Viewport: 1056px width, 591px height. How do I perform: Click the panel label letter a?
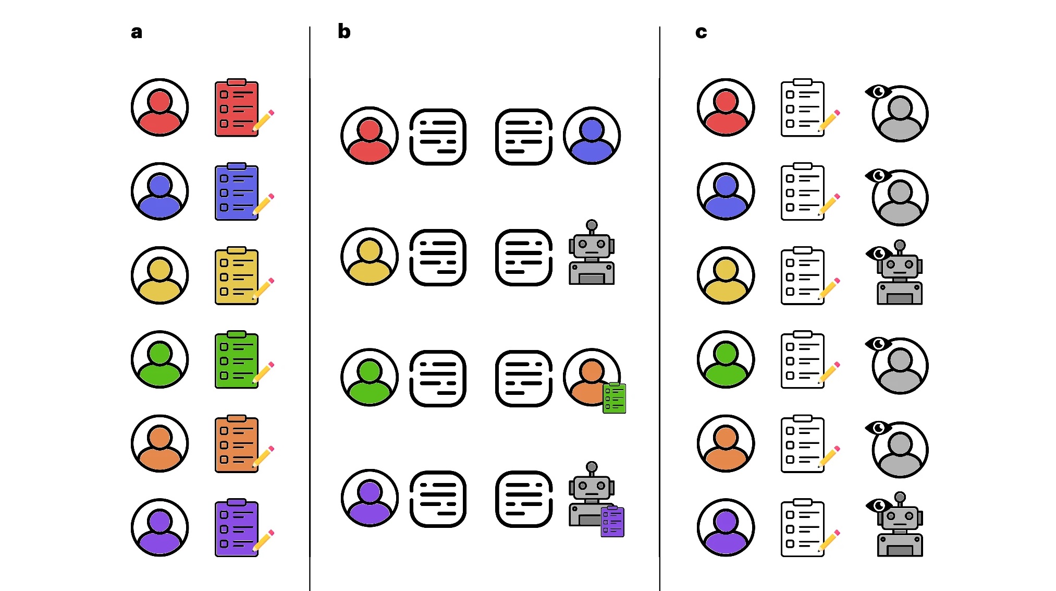point(136,32)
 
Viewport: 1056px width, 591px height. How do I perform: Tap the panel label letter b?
point(344,31)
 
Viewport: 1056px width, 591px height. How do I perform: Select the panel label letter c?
point(701,32)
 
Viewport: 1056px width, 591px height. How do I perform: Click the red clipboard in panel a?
point(237,108)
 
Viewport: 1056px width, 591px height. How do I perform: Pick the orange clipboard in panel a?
point(237,444)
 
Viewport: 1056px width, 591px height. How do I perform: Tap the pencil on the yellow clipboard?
point(263,288)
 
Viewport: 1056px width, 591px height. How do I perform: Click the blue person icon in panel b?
point(592,136)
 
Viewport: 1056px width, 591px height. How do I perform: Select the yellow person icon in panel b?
point(370,257)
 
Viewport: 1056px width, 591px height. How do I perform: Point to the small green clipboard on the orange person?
point(614,398)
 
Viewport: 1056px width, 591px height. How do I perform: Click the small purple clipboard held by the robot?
point(612,521)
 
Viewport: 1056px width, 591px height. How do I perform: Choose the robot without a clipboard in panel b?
point(591,254)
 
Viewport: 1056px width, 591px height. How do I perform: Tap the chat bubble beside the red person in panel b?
point(438,137)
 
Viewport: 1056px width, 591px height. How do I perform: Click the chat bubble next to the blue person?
point(523,137)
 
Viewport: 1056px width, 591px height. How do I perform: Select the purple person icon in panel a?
point(159,527)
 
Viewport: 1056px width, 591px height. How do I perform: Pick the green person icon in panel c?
point(726,359)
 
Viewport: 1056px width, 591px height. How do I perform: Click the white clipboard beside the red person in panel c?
point(803,108)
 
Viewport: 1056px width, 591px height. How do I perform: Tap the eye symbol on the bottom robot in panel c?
point(878,505)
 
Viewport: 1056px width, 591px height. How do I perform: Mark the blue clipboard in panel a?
point(237,192)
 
